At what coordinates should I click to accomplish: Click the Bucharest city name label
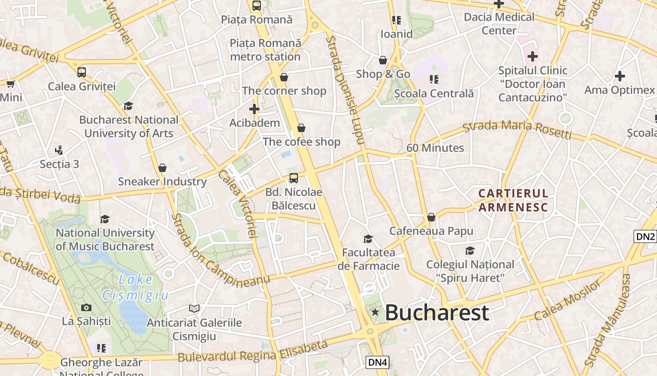[x=437, y=313]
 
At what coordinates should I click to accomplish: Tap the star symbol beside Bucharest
[x=375, y=312]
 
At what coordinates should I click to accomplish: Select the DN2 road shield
[x=645, y=236]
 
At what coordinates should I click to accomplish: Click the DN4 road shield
[x=377, y=362]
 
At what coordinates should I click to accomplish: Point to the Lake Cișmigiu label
[x=135, y=287]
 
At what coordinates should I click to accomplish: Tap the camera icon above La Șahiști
[x=86, y=308]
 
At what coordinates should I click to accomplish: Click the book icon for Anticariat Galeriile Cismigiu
[x=194, y=309]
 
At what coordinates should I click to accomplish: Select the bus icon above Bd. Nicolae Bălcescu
[x=294, y=178]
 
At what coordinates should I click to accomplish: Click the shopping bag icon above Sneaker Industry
[x=162, y=168]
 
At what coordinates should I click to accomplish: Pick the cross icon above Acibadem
[x=254, y=109]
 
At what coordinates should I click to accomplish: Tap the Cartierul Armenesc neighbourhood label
[x=513, y=200]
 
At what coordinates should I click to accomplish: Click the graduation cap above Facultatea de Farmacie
[x=368, y=239]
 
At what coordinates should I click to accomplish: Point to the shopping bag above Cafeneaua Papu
[x=431, y=218]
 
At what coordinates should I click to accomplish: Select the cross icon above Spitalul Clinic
[x=532, y=57]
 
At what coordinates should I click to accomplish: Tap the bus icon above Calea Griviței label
[x=82, y=72]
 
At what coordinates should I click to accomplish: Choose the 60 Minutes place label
[x=435, y=148]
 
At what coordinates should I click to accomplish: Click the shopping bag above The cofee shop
[x=301, y=128]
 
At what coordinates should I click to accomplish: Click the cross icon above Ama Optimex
[x=620, y=76]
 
